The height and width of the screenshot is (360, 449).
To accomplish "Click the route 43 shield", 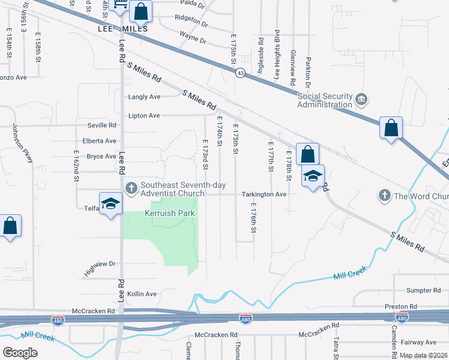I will [240, 73].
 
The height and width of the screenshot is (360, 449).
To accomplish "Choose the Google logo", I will [20, 352].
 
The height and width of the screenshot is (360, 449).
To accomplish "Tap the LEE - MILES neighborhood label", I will [122, 28].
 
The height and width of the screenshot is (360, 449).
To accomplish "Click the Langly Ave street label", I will [144, 97].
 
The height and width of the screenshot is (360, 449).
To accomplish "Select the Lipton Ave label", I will [144, 115].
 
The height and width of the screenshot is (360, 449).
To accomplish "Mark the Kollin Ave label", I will [142, 294].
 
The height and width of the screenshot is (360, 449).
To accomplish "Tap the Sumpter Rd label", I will [419, 290].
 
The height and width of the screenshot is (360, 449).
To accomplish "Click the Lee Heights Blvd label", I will [277, 55].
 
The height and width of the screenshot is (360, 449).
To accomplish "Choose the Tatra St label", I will [336, 347].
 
